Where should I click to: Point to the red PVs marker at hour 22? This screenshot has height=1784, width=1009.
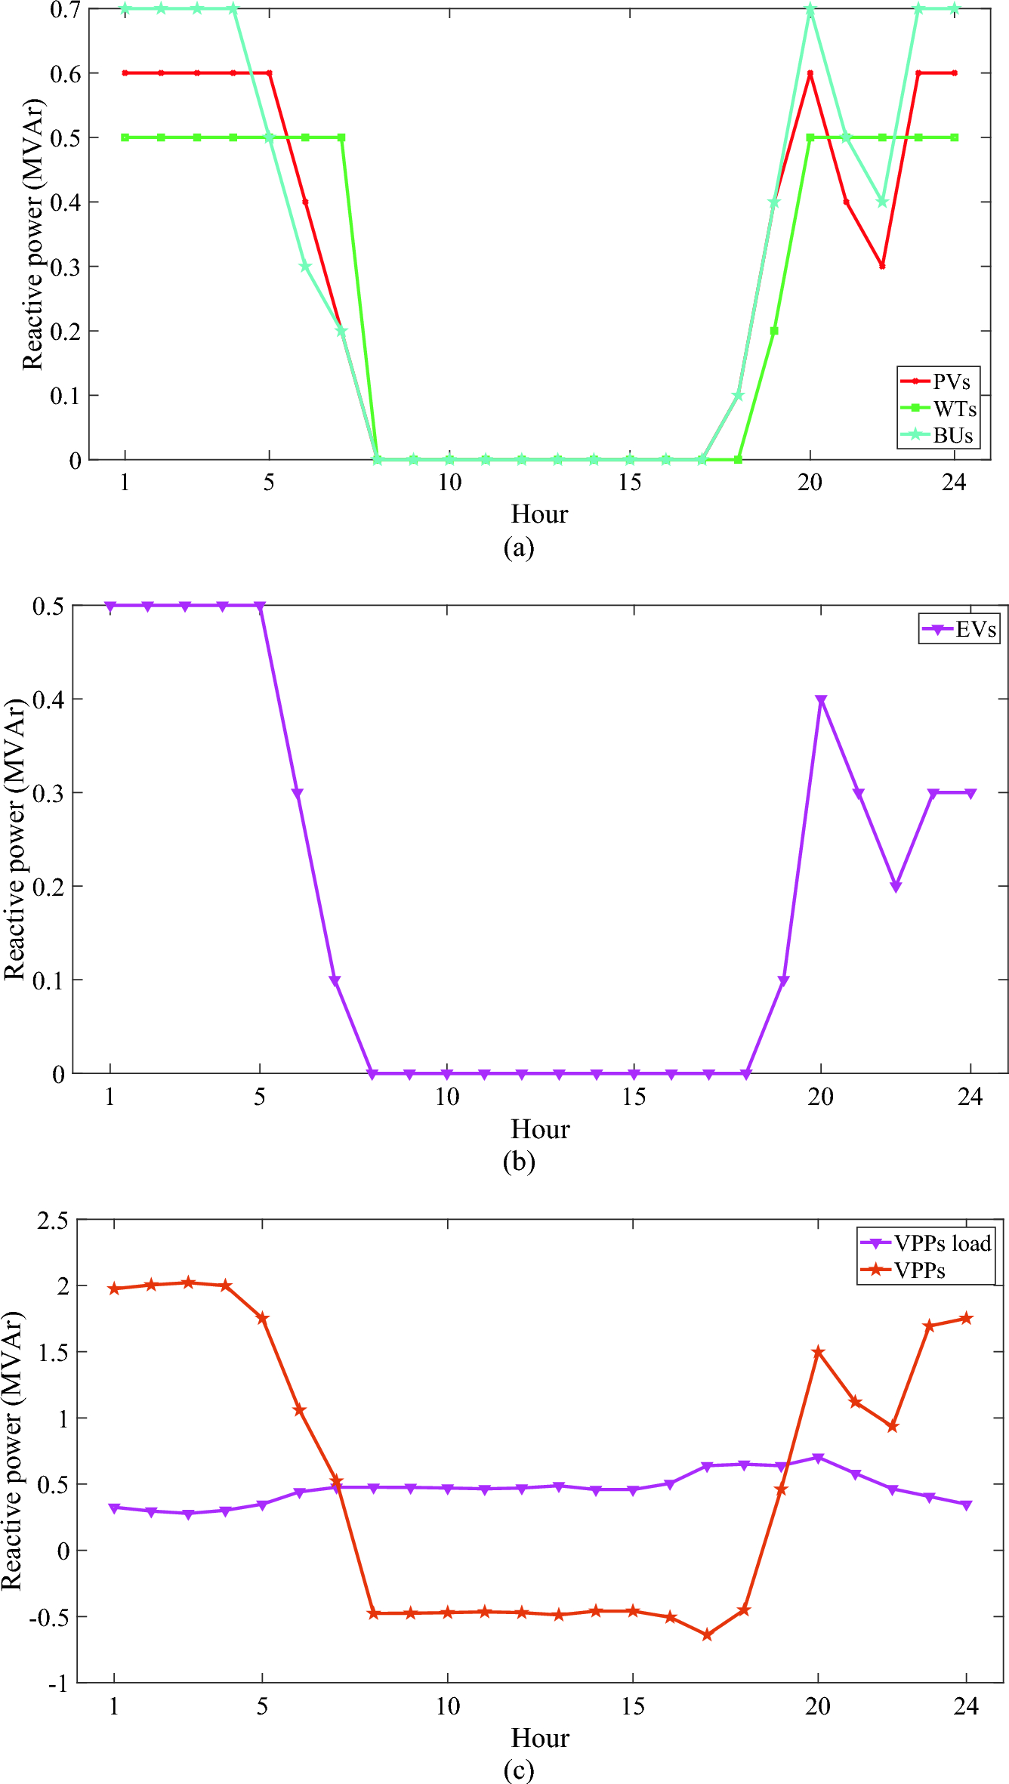pyautogui.click(x=882, y=267)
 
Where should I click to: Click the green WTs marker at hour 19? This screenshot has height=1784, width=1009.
pyautogui.click(x=774, y=331)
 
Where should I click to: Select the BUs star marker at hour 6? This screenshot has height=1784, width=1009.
pyautogui.click(x=305, y=267)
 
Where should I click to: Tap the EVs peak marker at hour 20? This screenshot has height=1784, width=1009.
pyautogui.click(x=821, y=699)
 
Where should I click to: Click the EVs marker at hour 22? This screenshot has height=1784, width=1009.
pyautogui.click(x=896, y=887)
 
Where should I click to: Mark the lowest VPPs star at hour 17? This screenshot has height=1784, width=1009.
pyautogui.click(x=708, y=1634)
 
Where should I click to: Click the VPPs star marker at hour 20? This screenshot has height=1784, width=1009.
pyautogui.click(x=818, y=1351)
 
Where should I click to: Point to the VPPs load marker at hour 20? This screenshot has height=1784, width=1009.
pyautogui.click(x=818, y=1458)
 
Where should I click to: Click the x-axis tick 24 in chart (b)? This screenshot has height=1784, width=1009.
pyautogui.click(x=970, y=1097)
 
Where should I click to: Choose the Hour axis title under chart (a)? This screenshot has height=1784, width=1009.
pyautogui.click(x=539, y=514)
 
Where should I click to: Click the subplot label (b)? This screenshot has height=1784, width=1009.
pyautogui.click(x=519, y=1161)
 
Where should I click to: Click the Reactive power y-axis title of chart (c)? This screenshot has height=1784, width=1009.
pyautogui.click(x=12, y=1450)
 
